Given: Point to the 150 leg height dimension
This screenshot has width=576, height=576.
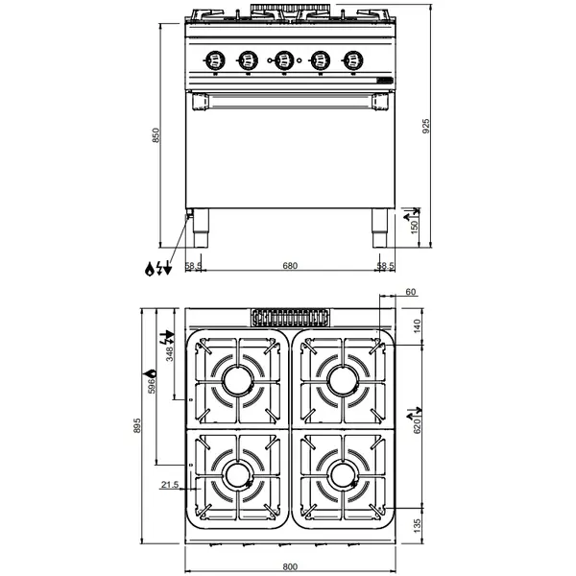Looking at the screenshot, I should tap(415, 226).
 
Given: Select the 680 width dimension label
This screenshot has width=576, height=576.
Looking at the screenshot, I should tap(289, 265).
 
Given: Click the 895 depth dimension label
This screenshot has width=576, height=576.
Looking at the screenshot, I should tap(139, 425).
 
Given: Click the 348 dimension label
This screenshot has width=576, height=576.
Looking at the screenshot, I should tap(171, 354).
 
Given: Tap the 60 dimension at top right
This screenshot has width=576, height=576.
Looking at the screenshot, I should tap(411, 292).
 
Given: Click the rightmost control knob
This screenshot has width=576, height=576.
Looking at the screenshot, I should tap(355, 60).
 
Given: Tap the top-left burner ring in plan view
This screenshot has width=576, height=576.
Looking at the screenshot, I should tap(237, 379).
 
